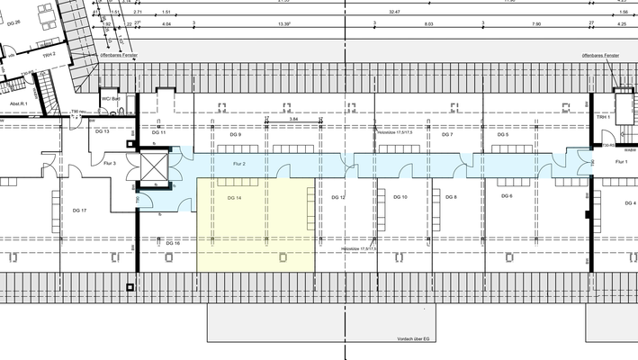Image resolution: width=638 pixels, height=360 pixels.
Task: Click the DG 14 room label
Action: tap(234, 197)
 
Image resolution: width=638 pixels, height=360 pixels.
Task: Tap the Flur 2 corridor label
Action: tap(239, 164)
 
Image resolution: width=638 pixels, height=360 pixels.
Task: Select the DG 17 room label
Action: tap(79, 210)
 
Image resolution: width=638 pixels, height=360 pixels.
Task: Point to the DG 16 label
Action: tap(173, 243)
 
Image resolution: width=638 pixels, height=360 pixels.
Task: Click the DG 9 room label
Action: tap(235, 134)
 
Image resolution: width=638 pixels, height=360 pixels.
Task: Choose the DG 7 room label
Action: tap(446, 134)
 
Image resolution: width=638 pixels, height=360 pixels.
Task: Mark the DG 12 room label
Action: tap(338, 196)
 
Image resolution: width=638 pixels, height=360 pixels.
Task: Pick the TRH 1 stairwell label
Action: tap(603, 118)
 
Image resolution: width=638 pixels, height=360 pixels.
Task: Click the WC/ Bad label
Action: tap(111, 98)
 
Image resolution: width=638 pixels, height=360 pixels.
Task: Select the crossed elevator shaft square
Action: tap(155, 165)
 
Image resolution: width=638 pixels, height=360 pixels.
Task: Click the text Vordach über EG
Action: tap(414, 338)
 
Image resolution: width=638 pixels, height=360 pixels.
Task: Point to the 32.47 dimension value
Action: tap(394, 13)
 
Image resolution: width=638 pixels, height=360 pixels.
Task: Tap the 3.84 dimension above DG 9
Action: tap(293, 119)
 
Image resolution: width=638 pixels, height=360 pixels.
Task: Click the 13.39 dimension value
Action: tap(284, 24)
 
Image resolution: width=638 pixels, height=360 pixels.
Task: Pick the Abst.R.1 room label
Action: tap(19, 104)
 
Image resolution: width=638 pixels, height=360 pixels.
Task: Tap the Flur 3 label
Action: tap(110, 164)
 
